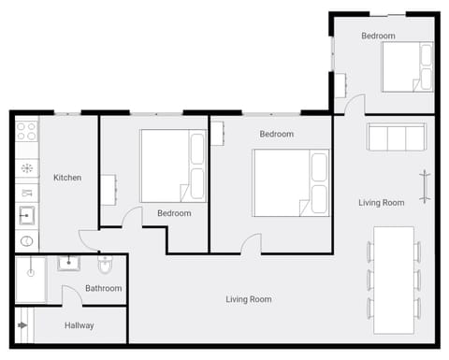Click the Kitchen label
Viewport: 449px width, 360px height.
[67, 178]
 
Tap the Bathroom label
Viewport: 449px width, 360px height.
[103, 288]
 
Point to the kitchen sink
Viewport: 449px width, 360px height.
[26, 216]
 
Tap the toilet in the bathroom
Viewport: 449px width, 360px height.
[104, 265]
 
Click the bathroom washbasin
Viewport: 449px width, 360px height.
[69, 263]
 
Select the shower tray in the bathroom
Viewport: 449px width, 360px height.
[30, 280]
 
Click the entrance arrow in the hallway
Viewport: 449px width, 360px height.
[22, 326]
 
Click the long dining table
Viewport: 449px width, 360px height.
[393, 280]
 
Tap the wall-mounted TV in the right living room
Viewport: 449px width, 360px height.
[426, 186]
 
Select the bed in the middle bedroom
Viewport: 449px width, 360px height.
[291, 183]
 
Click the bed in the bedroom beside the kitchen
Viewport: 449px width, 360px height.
[172, 166]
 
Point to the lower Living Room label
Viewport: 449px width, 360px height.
[249, 299]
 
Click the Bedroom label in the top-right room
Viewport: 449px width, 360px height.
[378, 36]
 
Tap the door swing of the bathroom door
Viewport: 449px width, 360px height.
[71, 295]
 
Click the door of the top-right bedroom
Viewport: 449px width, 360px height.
[355, 105]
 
